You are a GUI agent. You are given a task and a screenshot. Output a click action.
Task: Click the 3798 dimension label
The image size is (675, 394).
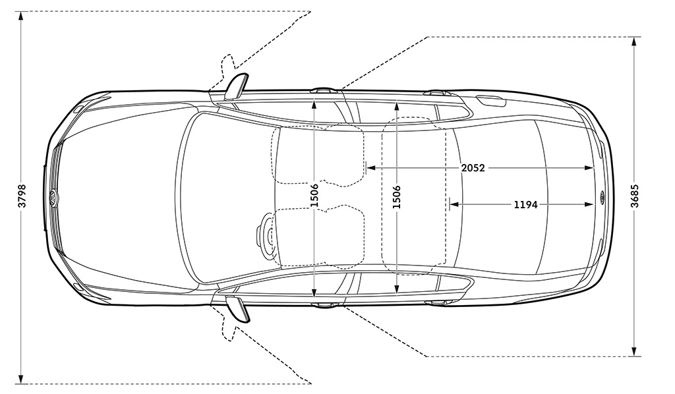tap(22, 196)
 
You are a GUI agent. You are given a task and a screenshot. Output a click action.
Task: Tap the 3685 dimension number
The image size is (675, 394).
tap(635, 196)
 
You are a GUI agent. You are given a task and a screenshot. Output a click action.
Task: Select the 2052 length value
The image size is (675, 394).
tap(473, 168)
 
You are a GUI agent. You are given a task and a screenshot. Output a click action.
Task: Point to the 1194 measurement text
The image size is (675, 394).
tap(525, 205)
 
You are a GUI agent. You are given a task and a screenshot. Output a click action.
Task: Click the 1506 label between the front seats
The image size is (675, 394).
tap(314, 195)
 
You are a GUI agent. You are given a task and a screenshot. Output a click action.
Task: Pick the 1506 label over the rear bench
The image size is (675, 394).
tap(396, 197)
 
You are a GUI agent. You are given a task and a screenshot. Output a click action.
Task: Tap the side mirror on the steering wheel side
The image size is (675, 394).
tap(238, 308)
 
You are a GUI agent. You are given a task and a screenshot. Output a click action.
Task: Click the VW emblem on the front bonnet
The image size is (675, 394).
tap(53, 198)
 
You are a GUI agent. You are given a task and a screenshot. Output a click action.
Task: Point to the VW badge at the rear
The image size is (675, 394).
tap(601, 198)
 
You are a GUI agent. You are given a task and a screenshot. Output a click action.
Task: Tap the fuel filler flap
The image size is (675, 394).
tap(490, 102)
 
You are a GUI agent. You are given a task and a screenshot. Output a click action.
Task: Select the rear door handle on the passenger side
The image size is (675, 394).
tap(436, 92)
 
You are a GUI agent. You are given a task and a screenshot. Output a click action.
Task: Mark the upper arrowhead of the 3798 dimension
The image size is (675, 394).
tap(20, 16)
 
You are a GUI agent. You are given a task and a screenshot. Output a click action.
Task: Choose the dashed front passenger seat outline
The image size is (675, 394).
tap(318, 154)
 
